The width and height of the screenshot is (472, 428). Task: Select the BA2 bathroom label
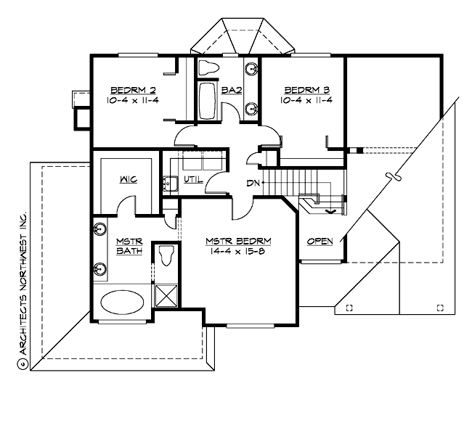[x=231, y=90]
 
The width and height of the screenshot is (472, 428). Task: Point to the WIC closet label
[x=128, y=179]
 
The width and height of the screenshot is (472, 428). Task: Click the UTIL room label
[x=193, y=179]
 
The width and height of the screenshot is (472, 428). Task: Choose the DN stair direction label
[x=253, y=183]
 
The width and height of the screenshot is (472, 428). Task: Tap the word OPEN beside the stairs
[x=320, y=241]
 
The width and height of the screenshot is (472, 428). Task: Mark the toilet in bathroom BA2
[x=209, y=69]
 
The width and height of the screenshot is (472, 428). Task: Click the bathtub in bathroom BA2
[x=206, y=102]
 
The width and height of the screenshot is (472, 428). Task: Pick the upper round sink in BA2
[x=251, y=70]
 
